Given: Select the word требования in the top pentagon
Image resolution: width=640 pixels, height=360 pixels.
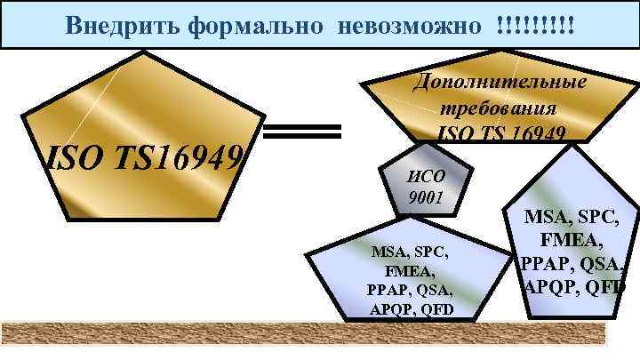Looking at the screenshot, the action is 499,108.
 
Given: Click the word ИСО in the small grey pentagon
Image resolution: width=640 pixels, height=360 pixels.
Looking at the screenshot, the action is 424,175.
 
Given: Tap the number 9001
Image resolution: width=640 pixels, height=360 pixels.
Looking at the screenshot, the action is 425,196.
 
